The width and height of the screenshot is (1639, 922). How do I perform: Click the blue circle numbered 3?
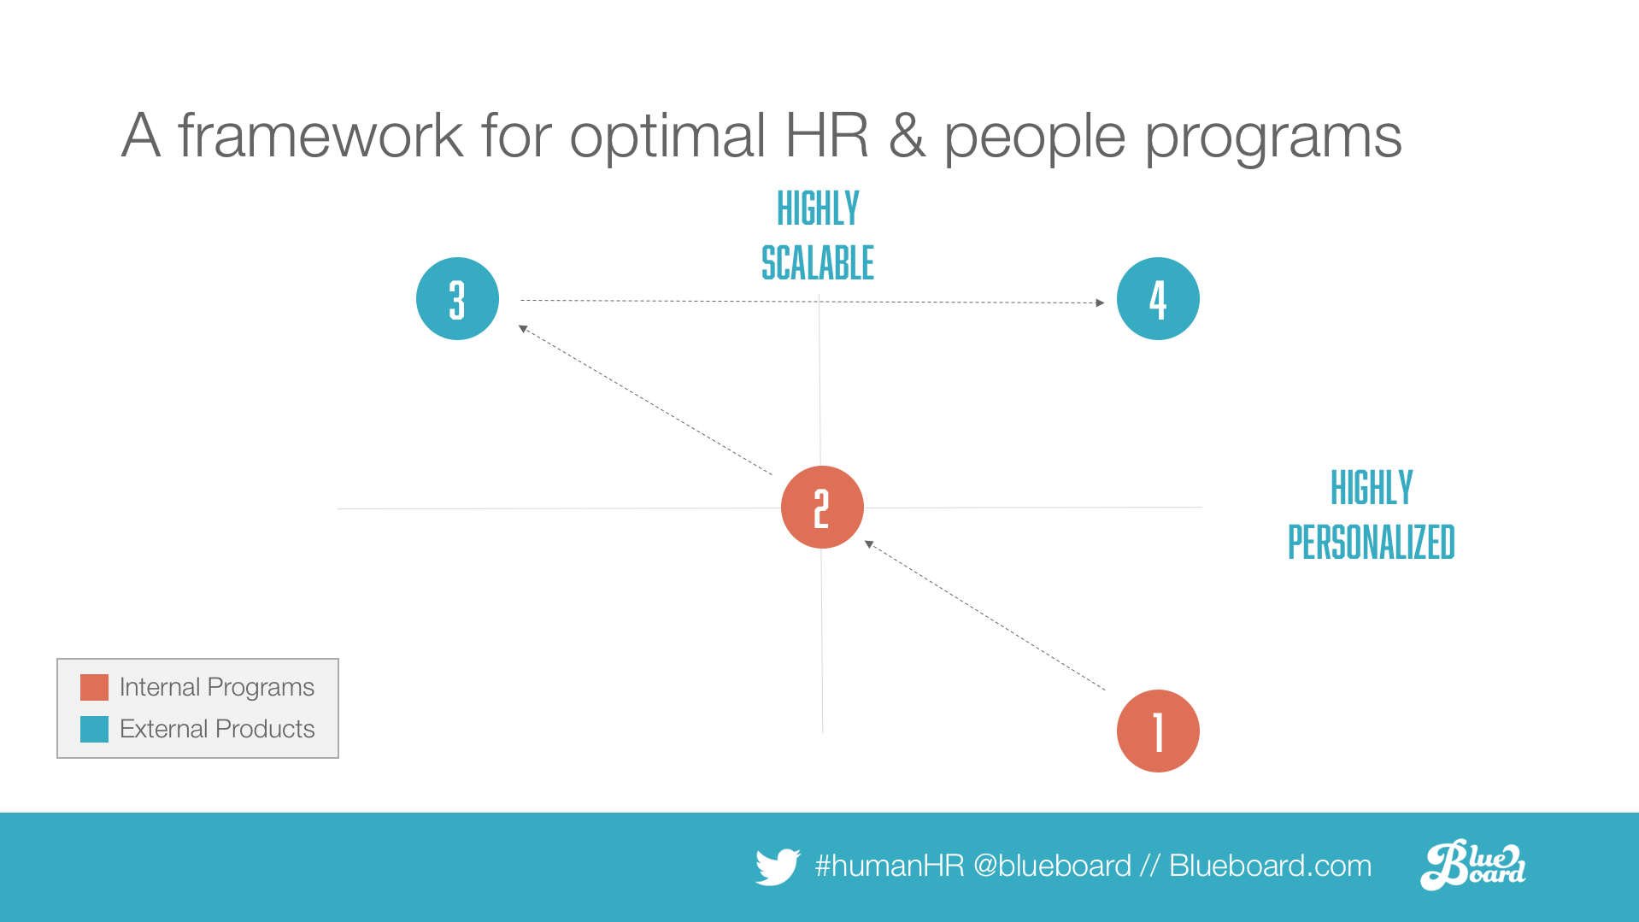click(457, 299)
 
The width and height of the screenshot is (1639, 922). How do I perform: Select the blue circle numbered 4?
click(1158, 299)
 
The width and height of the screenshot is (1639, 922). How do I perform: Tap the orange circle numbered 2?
click(822, 508)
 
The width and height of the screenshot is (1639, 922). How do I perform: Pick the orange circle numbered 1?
click(1158, 731)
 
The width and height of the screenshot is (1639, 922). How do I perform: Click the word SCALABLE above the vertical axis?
click(818, 263)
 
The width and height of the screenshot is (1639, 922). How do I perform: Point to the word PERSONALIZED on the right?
click(1372, 543)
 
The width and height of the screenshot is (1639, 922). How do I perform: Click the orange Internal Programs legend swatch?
click(94, 687)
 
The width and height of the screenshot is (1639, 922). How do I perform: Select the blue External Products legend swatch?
click(94, 729)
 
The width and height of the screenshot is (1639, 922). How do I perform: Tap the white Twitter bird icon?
click(778, 866)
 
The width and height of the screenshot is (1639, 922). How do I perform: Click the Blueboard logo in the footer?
click(1473, 865)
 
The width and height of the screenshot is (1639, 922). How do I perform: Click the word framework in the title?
click(320, 136)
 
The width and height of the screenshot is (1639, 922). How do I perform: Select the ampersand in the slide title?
click(907, 136)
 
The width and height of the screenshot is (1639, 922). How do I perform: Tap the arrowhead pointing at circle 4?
click(1100, 302)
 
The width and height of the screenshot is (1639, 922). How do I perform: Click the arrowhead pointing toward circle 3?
click(523, 328)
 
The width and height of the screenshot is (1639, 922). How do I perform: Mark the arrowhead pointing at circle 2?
click(869, 543)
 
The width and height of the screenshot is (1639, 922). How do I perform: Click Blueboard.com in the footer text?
click(1271, 866)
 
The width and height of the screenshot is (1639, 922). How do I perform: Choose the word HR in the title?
click(826, 136)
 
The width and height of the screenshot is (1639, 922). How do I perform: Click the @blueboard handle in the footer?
click(1052, 866)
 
